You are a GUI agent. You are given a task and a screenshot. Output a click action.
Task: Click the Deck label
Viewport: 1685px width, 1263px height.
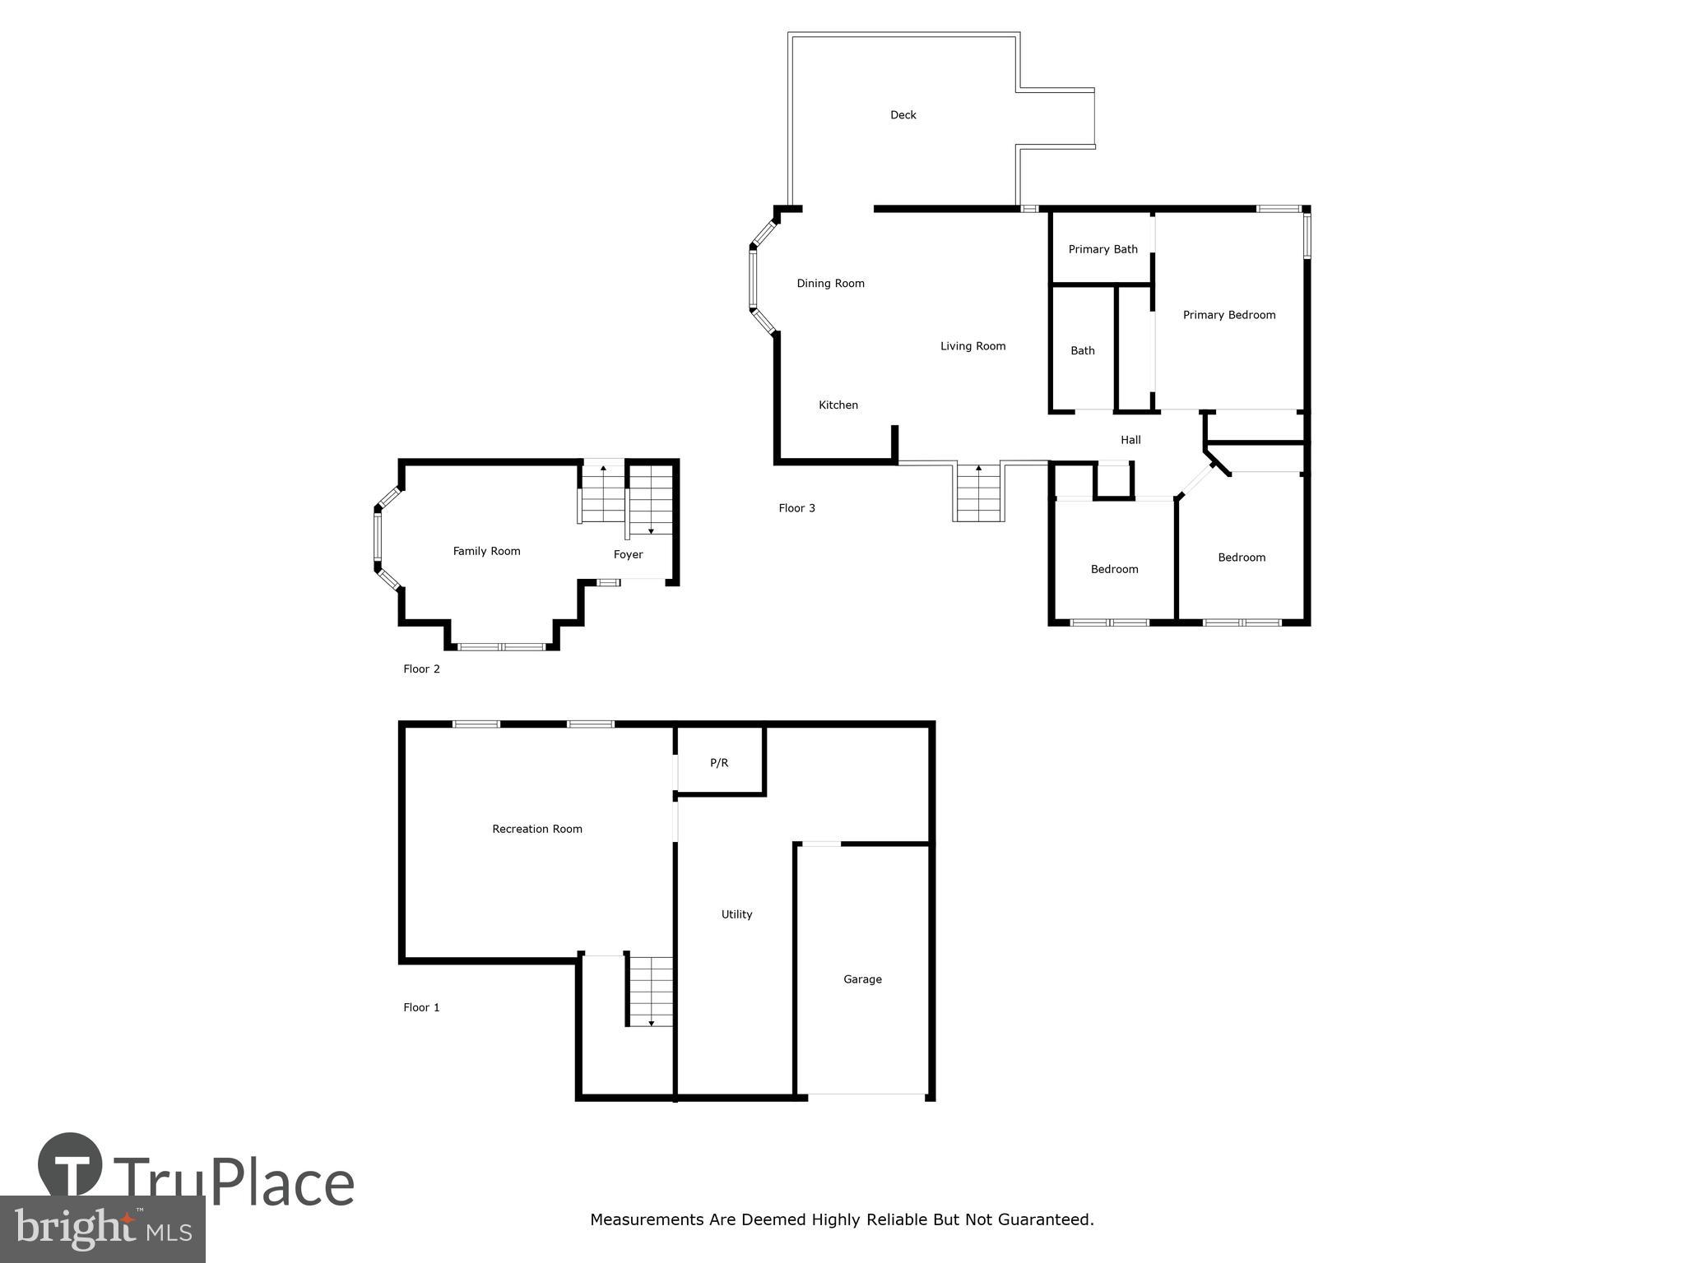(903, 115)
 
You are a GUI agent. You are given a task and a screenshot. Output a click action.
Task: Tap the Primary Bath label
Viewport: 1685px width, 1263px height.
(1102, 249)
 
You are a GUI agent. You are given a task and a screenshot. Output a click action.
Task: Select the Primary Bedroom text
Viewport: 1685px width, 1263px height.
(1228, 315)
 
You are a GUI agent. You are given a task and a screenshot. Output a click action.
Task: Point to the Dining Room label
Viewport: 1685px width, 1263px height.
(830, 284)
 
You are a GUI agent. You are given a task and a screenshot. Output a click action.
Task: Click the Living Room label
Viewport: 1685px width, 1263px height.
(972, 346)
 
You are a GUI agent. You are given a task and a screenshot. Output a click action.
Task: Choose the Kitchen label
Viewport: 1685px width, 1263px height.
(838, 405)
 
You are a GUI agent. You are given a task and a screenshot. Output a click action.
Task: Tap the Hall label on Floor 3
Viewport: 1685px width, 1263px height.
(1130, 440)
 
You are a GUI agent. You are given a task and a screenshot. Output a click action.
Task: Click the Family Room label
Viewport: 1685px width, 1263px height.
(486, 552)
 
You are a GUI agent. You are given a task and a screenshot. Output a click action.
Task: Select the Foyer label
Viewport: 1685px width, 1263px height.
(628, 555)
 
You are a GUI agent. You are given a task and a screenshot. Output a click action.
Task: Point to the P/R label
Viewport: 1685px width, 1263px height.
(718, 763)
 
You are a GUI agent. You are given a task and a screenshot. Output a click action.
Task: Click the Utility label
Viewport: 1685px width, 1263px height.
(736, 914)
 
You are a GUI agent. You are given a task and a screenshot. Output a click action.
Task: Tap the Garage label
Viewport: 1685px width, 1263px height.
(862, 979)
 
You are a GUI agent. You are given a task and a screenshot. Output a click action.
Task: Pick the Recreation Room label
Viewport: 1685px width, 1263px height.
(536, 829)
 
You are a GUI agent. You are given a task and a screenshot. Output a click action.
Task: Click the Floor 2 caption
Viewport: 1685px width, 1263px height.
(421, 669)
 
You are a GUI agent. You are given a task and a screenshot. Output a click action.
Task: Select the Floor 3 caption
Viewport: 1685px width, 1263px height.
(796, 508)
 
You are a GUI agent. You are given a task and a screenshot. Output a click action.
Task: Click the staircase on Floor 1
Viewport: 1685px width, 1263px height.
(651, 991)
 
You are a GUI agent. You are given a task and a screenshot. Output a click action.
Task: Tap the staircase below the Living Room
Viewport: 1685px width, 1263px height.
(978, 493)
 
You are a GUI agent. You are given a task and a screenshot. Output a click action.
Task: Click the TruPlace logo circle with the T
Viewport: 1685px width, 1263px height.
(70, 1165)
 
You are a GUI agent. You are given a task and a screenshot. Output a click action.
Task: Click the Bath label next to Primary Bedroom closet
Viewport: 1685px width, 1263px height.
(1082, 351)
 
